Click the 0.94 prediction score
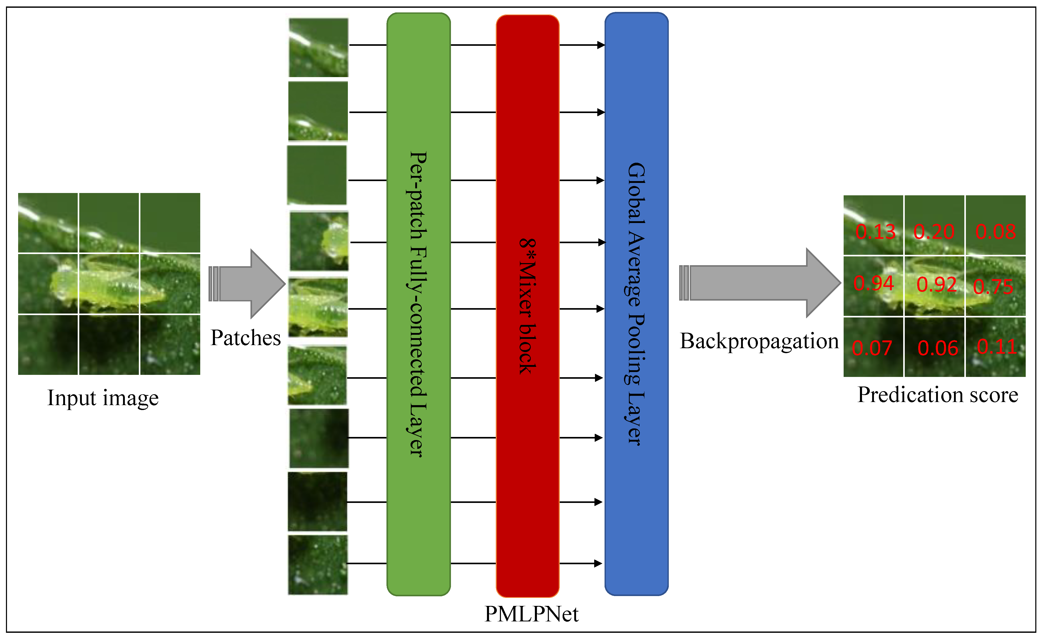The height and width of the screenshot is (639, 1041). tap(873, 283)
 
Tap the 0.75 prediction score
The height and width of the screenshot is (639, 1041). tap(993, 287)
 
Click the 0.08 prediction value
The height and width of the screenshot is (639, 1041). tap(996, 232)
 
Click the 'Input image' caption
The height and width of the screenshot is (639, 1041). tap(103, 398)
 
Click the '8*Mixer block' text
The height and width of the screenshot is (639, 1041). tap(527, 306)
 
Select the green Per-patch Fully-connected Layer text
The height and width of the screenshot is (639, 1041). tap(418, 304)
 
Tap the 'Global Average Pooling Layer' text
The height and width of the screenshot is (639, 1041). tap(636, 304)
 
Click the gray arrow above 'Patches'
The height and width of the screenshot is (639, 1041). tap(247, 284)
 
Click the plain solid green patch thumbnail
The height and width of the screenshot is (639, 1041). tap(317, 175)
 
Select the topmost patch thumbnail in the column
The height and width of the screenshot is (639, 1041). tap(319, 47)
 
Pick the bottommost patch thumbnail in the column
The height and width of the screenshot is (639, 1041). tap(318, 564)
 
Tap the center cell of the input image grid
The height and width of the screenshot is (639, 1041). tap(109, 284)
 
